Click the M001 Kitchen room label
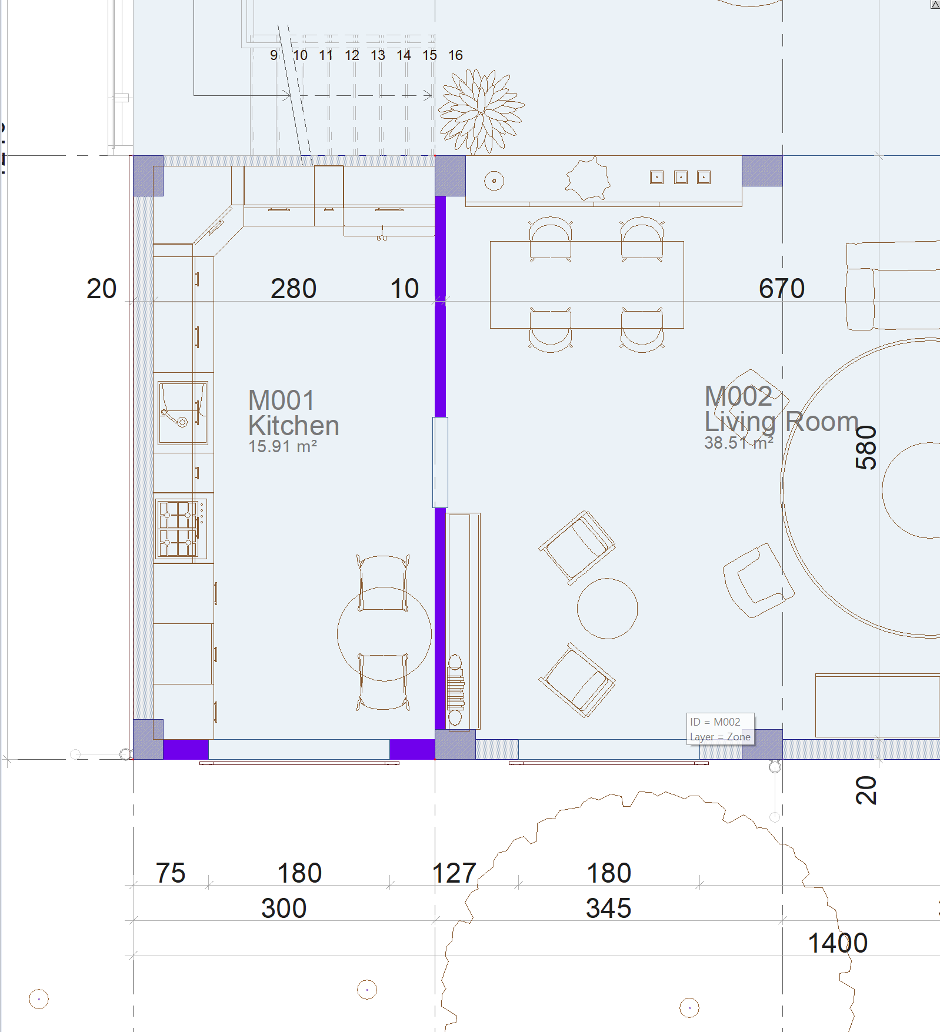[x=294, y=413]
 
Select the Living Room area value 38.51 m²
[x=739, y=443]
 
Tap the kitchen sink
[x=182, y=413]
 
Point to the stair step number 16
[x=455, y=55]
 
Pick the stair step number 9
[x=274, y=55]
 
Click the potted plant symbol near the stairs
[x=481, y=111]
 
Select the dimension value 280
[x=294, y=289]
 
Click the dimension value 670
[x=781, y=289]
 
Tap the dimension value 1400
[x=838, y=943]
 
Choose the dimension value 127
[x=454, y=873]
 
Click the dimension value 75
[x=171, y=873]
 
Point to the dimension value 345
[x=608, y=909]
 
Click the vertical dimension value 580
[x=866, y=447]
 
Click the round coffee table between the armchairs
[x=607, y=608]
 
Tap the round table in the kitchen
[x=384, y=634]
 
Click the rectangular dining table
[x=586, y=285]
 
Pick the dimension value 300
[x=284, y=909]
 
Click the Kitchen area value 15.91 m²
[x=282, y=447]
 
